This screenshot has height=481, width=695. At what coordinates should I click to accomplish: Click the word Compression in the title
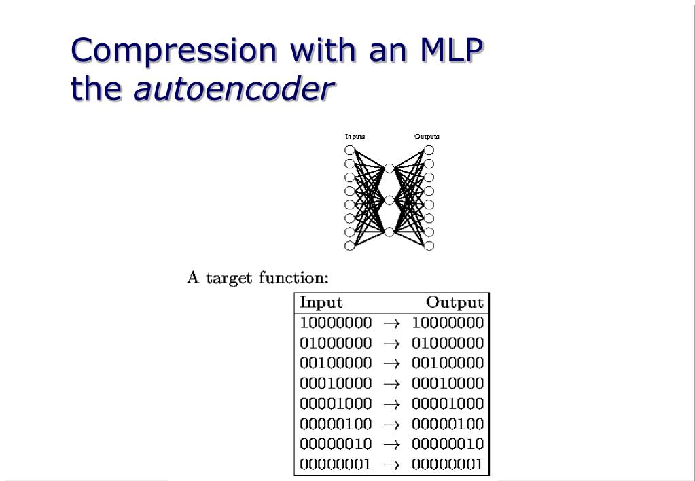[x=173, y=50]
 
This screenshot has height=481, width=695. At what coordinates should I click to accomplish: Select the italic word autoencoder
[x=234, y=88]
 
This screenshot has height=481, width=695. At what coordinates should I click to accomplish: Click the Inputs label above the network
[x=355, y=136]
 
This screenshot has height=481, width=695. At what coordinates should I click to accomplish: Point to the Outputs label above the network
[x=427, y=136]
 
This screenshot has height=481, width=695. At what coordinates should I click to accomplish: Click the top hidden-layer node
[x=389, y=168]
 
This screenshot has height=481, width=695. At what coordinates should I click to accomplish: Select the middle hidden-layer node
[x=389, y=200]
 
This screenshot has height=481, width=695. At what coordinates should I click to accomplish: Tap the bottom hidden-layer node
[x=389, y=232]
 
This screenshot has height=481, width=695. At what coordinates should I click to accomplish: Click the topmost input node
[x=350, y=150]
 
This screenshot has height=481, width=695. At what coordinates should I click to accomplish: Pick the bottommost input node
[x=350, y=246]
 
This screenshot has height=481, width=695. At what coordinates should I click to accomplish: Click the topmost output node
[x=429, y=150]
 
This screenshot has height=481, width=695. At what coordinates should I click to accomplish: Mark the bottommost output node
[x=429, y=246]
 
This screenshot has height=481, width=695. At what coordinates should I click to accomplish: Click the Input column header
[x=321, y=303]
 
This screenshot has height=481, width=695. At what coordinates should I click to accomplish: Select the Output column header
[x=455, y=303]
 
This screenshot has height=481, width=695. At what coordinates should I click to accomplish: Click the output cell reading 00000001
[x=447, y=464]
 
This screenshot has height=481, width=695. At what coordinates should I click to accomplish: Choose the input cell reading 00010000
[x=336, y=383]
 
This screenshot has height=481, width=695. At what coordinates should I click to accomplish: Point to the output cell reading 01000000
[x=447, y=343]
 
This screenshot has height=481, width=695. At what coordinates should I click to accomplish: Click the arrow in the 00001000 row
[x=391, y=404]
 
